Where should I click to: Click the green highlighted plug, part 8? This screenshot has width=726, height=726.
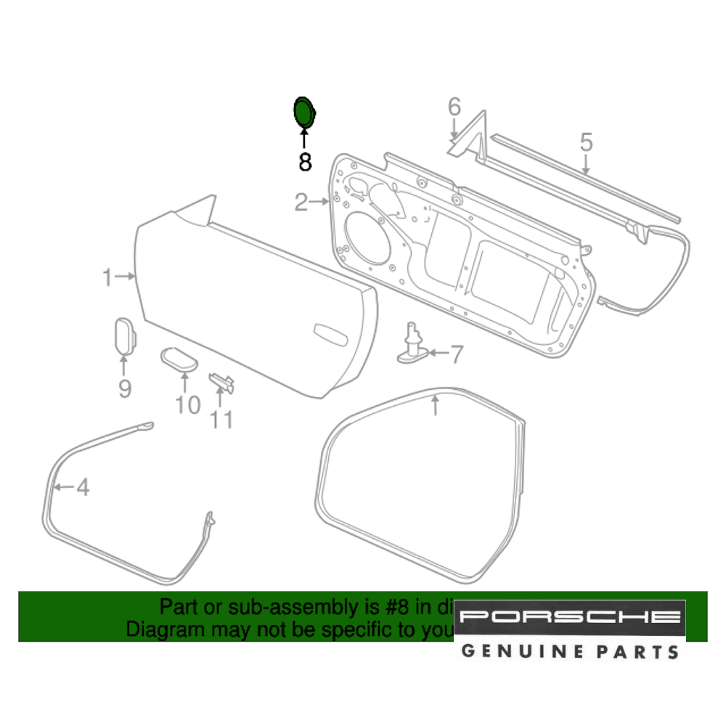[x=303, y=112]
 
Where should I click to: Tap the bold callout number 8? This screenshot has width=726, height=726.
[x=305, y=162]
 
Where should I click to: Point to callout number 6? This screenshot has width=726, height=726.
[x=454, y=107]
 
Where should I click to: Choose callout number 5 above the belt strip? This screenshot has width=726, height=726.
[x=586, y=142]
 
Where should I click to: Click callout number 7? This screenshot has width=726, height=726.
[x=456, y=355]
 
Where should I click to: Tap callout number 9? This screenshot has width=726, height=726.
[x=125, y=389]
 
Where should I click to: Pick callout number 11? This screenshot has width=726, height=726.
[x=221, y=419]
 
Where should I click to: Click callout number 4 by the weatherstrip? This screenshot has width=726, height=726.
[x=83, y=487]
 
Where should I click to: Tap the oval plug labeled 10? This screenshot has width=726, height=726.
[x=178, y=358]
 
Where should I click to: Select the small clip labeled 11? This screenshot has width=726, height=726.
[x=221, y=382]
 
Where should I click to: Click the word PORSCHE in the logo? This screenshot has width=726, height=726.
[x=571, y=618]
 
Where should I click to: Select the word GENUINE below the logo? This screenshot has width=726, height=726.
[x=513, y=650]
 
